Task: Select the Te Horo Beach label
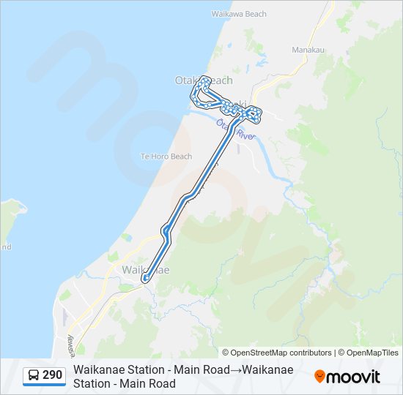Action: [x=166, y=157]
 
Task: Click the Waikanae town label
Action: [x=145, y=270]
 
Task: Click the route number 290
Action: [x=53, y=375]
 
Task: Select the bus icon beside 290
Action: [x=34, y=376]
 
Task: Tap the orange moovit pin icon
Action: [x=320, y=376]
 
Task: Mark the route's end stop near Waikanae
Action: [x=146, y=279]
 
